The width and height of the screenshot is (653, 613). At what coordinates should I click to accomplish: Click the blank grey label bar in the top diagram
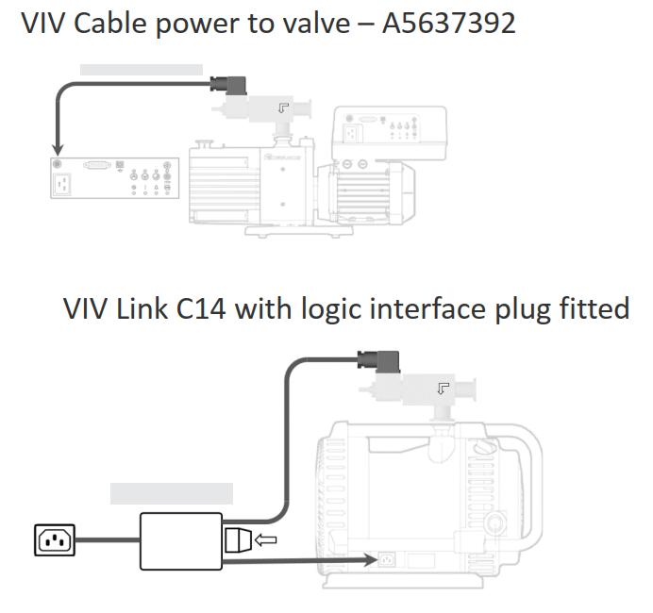pos(141,69)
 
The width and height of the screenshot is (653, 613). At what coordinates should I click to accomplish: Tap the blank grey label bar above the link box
pos(171,493)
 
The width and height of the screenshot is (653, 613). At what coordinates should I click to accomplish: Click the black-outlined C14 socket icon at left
pos(54,540)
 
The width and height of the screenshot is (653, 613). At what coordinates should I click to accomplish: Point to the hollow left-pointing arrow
pos(267,540)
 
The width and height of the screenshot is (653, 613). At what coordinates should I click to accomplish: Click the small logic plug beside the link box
pos(238,540)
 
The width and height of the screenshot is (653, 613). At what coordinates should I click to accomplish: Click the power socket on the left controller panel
pos(63,183)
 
